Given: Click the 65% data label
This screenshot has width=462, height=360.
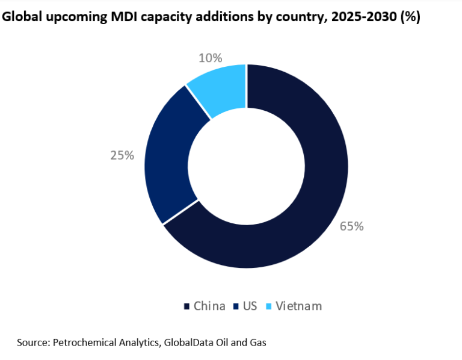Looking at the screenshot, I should [352, 226].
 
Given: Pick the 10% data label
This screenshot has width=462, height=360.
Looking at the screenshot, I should [210, 58].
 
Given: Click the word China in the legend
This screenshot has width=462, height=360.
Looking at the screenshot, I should [209, 306].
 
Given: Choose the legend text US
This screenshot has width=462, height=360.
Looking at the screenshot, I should [250, 306].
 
